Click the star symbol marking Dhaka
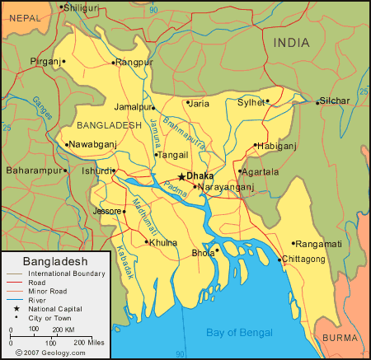click(x=181, y=176)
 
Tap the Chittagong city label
click(x=303, y=259)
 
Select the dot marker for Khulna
click(x=146, y=242)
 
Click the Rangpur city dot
click(x=113, y=62)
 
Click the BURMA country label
click(x=340, y=338)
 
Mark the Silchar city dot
click(x=317, y=102)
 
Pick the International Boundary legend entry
click(x=66, y=273)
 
